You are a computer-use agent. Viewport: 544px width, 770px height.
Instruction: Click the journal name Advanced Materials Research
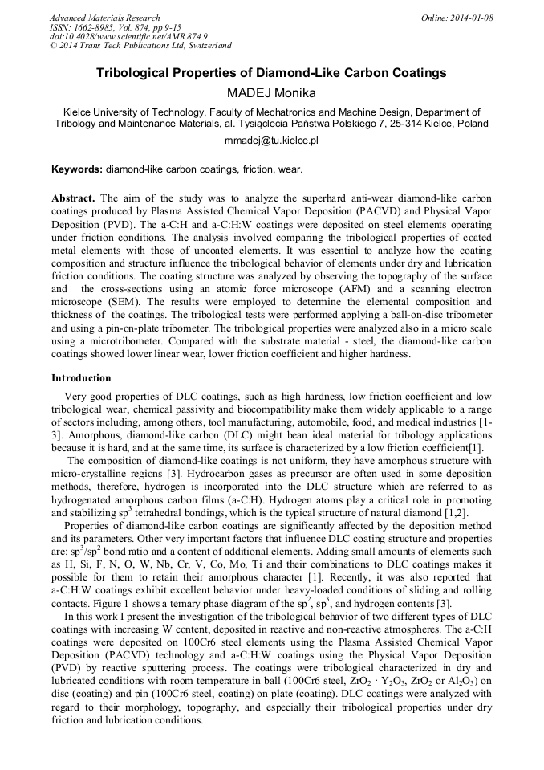coord(105,18)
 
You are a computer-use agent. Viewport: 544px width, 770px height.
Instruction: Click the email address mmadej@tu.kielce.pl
coord(271,140)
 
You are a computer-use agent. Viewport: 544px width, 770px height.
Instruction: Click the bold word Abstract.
coord(74,198)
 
